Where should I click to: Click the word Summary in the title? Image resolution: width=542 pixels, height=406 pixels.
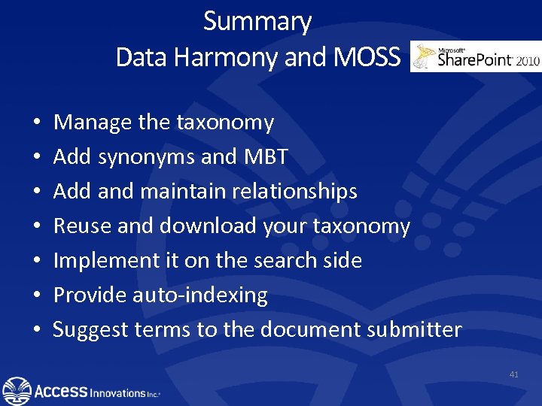[x=257, y=22]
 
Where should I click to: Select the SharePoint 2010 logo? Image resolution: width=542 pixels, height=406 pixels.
[x=476, y=57]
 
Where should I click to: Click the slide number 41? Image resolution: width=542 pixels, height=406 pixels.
[x=514, y=374]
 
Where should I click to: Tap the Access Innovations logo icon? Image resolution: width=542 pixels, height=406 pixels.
[x=17, y=390]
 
